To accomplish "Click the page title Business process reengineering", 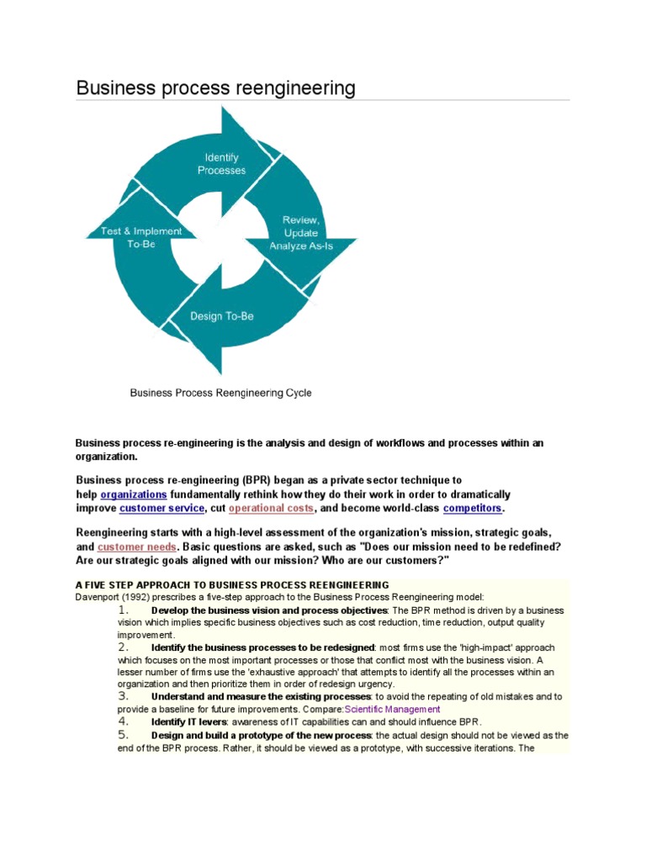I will point(215,88).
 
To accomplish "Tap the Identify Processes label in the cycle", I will point(222,164).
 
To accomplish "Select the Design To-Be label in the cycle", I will point(221,316).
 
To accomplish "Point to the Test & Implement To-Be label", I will point(129,237).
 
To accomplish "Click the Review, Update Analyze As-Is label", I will point(300,233).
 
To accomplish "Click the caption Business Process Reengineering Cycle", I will point(220,393).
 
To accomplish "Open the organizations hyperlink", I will point(134,494).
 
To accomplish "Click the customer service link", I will point(161,509).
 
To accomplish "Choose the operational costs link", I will point(272,509).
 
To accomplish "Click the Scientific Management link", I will point(392,709).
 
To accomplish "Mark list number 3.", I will point(123,696).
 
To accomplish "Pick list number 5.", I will point(123,734).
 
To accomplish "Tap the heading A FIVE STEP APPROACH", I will point(232,584).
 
